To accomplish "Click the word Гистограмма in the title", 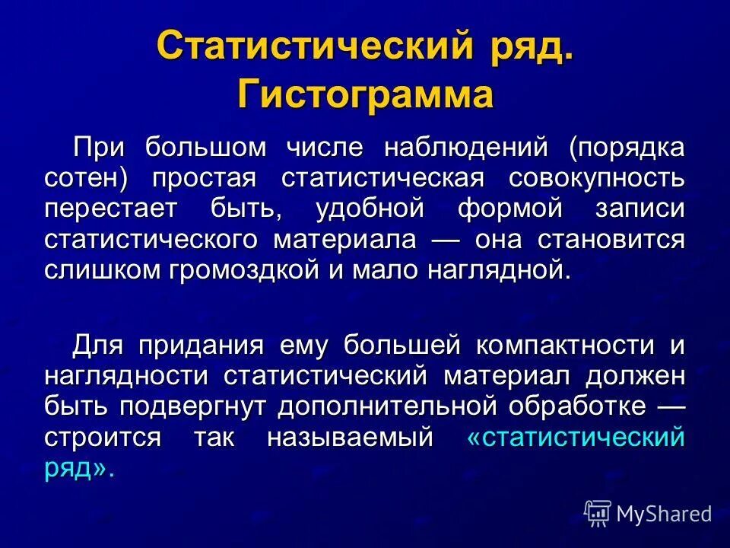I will click(x=365, y=95).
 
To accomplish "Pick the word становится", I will click(x=611, y=239).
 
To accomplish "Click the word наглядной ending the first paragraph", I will click(x=496, y=270).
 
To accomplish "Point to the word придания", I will click(x=199, y=344).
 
